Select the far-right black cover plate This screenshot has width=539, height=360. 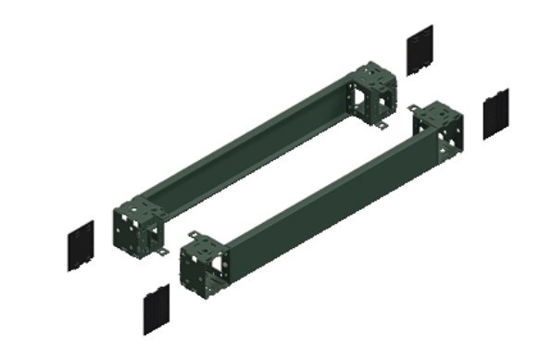[x=495, y=113]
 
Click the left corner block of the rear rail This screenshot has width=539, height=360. [x=136, y=223]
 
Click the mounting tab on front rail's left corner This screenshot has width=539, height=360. [x=192, y=237]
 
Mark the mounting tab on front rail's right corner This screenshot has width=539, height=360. [x=414, y=109]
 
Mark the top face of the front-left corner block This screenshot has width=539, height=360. [x=207, y=242]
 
